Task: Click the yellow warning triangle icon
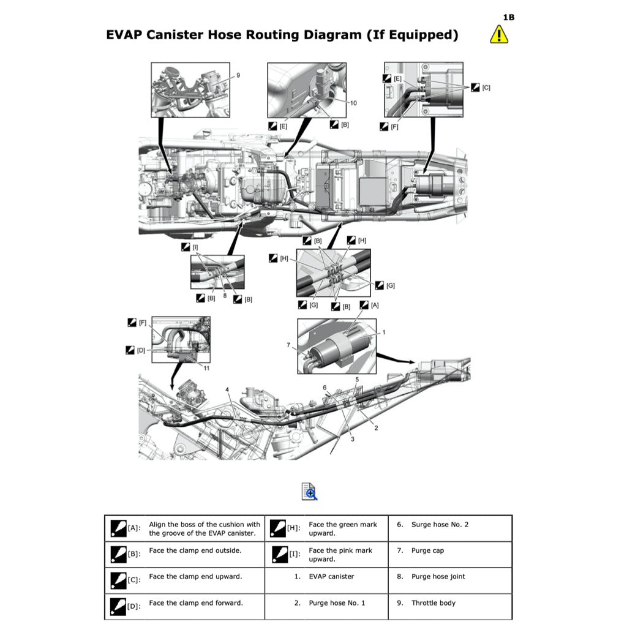(499, 34)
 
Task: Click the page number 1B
(508, 17)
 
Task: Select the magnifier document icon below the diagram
(309, 491)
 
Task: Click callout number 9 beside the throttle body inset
(238, 75)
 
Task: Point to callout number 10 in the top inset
(353, 103)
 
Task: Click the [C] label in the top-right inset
(486, 88)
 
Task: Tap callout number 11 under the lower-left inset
(206, 368)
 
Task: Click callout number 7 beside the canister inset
(288, 345)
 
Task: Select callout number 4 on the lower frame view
(227, 389)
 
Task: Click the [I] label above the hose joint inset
(195, 247)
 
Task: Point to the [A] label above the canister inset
(374, 305)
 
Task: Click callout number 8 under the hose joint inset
(225, 296)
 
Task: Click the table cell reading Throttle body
(433, 603)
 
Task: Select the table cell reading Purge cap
(428, 550)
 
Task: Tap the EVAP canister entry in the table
(331, 576)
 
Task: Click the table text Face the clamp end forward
(195, 603)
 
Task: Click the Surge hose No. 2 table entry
(440, 524)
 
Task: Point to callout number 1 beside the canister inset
(384, 332)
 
